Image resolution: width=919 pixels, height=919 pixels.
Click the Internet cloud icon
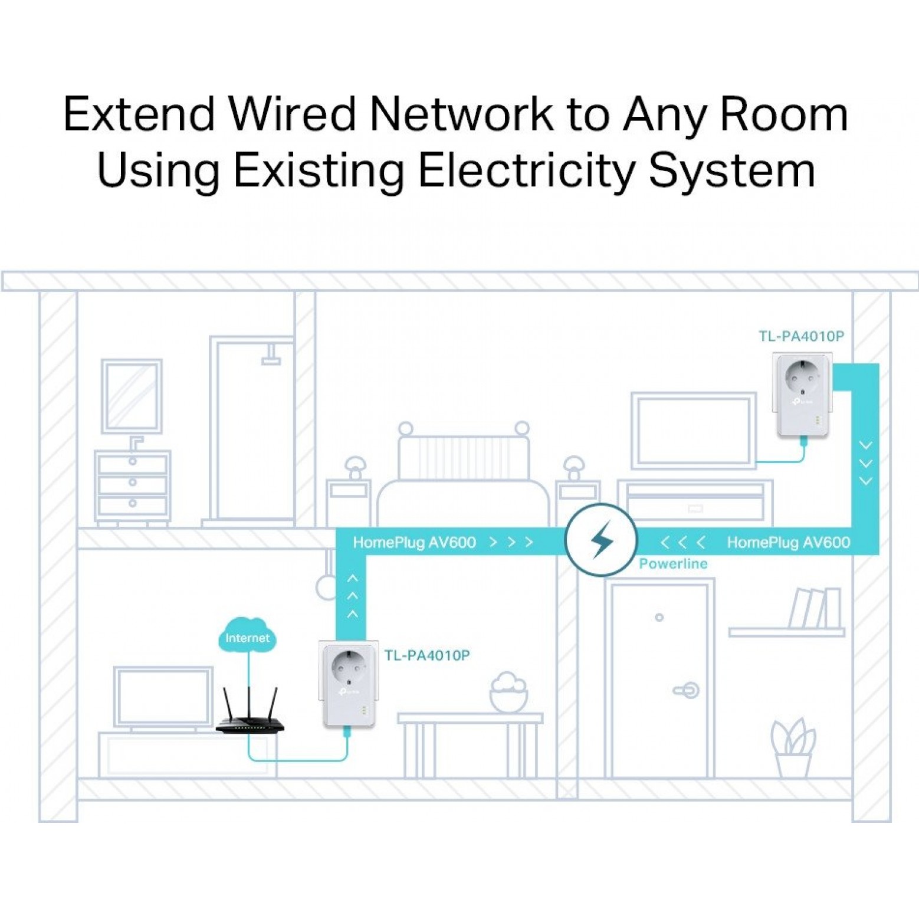tap(247, 635)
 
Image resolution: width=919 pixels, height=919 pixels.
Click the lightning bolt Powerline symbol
tap(601, 540)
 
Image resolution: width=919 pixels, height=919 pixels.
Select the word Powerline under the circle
tap(673, 564)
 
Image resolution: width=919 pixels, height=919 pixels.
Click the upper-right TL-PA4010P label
tap(801, 336)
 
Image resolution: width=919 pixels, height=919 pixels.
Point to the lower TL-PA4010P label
tap(427, 655)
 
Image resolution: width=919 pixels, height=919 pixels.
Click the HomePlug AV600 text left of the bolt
tap(414, 543)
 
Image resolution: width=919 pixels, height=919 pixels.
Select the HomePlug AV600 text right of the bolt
tap(788, 543)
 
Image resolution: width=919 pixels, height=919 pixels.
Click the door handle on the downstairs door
tap(687, 690)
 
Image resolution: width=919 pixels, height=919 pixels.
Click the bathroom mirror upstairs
tap(132, 396)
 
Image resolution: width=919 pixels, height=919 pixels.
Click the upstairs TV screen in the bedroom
tap(693, 429)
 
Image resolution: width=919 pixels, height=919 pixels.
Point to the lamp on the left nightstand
tap(355, 466)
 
